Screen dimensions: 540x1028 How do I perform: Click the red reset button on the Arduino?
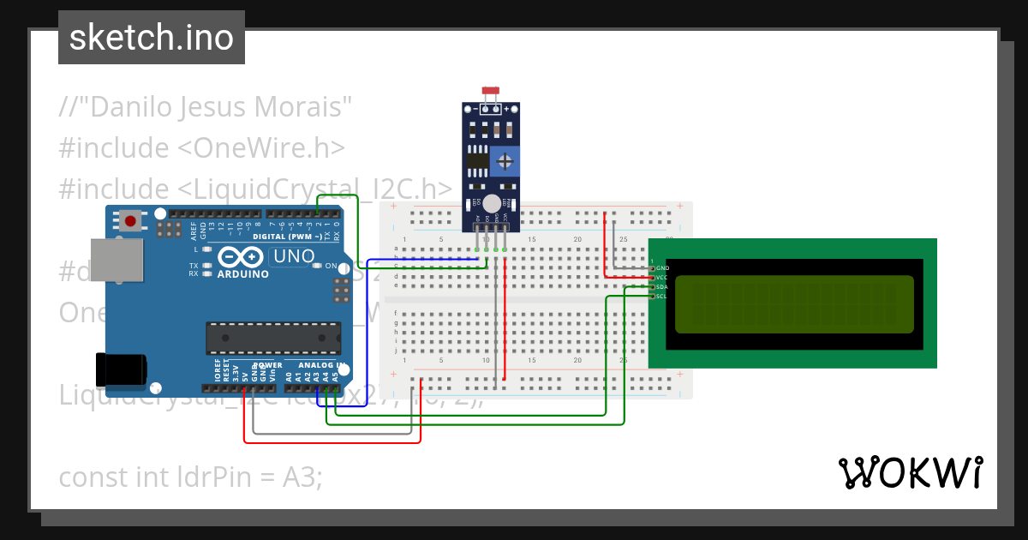[x=130, y=221]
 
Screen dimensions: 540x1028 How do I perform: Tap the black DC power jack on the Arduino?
[x=121, y=369]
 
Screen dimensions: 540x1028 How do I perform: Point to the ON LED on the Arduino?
[x=318, y=266]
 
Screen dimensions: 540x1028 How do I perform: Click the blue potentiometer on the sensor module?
[x=507, y=160]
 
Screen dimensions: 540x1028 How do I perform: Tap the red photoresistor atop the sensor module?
[x=491, y=90]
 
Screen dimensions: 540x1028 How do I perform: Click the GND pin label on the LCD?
[x=662, y=268]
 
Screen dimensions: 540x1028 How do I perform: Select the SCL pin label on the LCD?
[x=661, y=296]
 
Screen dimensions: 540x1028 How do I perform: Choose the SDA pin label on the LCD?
[x=661, y=286]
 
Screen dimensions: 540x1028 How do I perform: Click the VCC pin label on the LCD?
[x=661, y=278]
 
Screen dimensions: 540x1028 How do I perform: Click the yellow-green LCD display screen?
[x=794, y=304]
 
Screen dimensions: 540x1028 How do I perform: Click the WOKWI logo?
[x=910, y=472]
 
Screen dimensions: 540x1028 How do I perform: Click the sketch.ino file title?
[x=152, y=38]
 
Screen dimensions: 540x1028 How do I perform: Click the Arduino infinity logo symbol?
[x=236, y=256]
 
